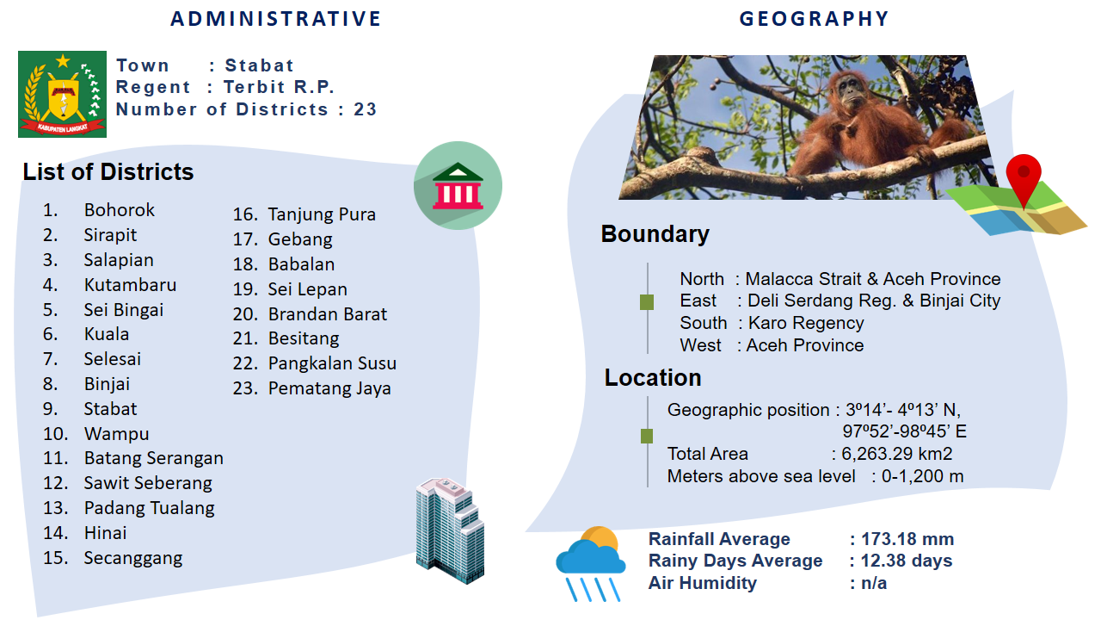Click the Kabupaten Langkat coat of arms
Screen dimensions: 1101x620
point(63,94)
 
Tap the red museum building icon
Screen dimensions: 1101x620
point(458,185)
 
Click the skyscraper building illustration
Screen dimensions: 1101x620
point(450,530)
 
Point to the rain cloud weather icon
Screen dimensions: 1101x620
point(591,564)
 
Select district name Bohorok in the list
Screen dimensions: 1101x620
point(120,210)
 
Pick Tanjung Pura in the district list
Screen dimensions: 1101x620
point(322,214)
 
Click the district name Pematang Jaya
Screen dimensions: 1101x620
point(329,388)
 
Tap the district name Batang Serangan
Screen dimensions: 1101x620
point(154,458)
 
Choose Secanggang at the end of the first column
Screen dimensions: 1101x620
point(133,558)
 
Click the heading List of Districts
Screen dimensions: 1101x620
point(108,171)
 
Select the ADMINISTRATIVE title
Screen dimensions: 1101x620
point(276,19)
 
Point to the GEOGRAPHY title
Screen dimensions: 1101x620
point(815,19)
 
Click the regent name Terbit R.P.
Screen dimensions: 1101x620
point(280,87)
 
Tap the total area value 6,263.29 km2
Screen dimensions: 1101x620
point(897,454)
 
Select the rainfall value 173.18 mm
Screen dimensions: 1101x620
point(907,539)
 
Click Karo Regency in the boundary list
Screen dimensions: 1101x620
point(806,323)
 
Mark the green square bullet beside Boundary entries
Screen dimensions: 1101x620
point(647,302)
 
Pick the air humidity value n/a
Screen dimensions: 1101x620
point(874,583)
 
